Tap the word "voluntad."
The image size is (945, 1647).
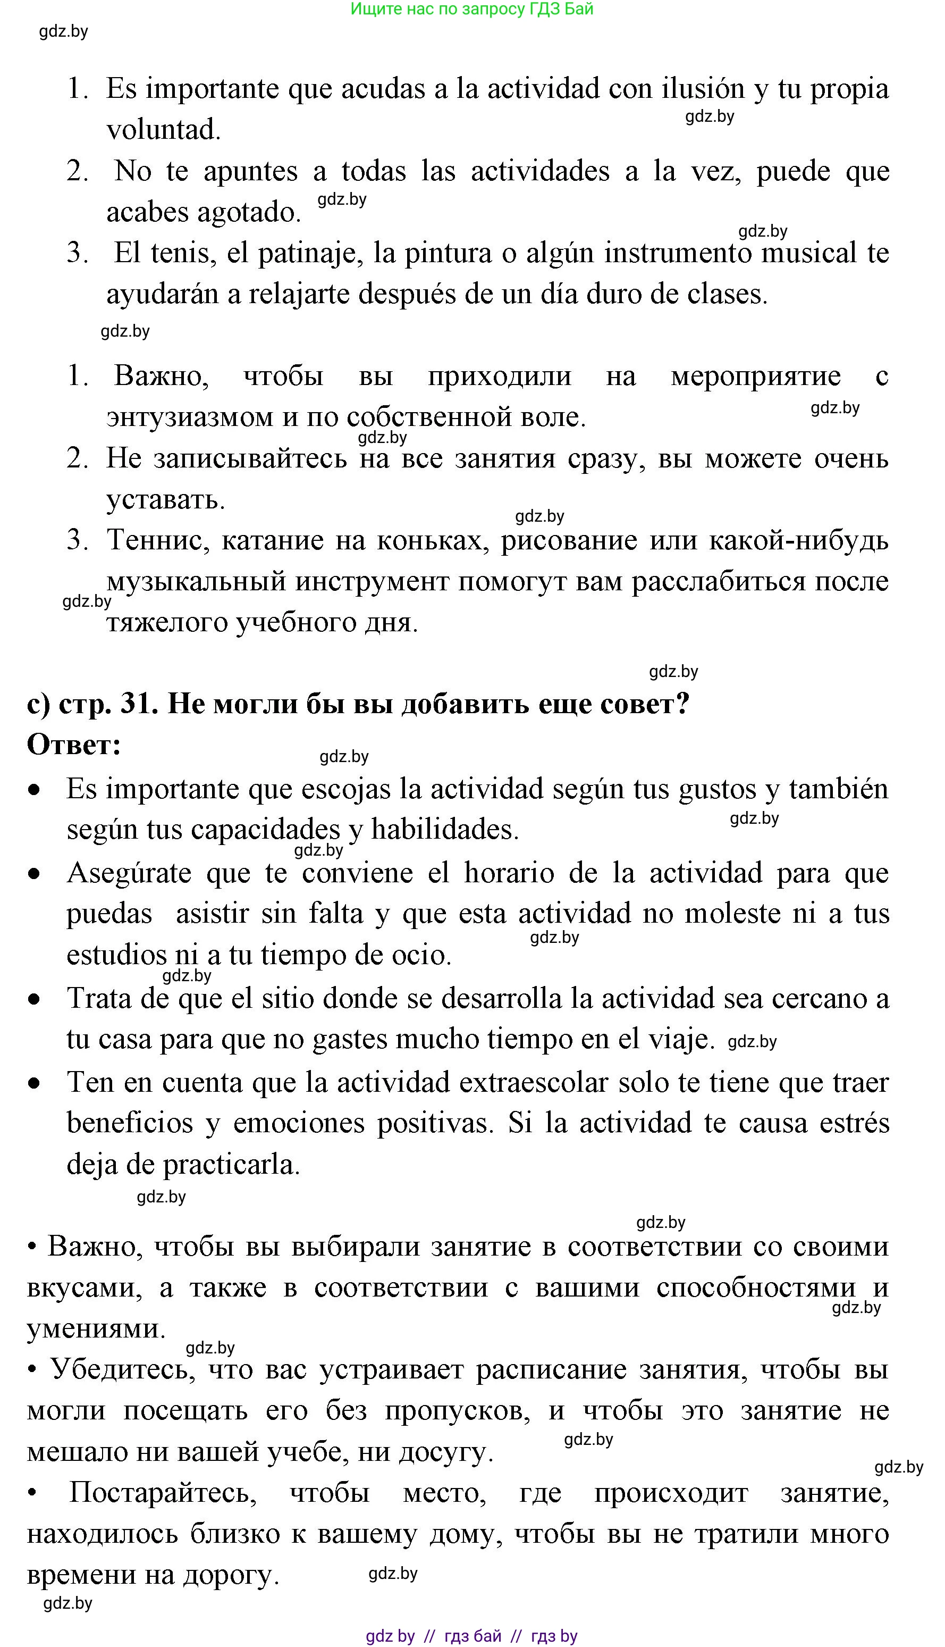164,130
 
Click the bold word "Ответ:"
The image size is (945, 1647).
74,745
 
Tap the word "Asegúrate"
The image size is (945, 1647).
129,873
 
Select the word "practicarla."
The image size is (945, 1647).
231,1165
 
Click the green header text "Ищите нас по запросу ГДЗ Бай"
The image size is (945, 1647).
472,9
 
